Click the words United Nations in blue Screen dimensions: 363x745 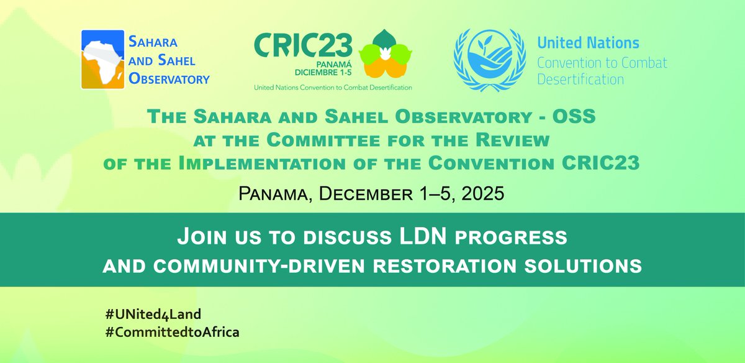[x=588, y=44]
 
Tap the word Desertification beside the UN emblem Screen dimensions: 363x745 [x=580, y=80]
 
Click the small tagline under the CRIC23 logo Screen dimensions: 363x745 [x=333, y=88]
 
